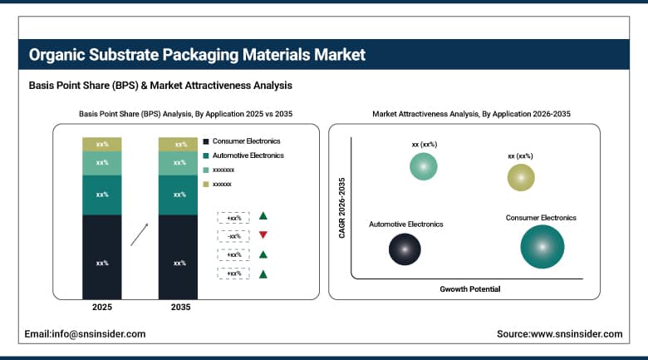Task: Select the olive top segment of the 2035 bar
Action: click(x=179, y=144)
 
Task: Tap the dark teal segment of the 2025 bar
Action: click(x=102, y=195)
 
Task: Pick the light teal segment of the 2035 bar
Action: click(x=179, y=163)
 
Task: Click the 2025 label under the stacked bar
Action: click(x=102, y=308)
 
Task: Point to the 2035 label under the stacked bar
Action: click(x=179, y=308)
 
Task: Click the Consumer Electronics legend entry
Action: click(x=247, y=141)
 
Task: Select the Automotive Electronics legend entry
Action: click(x=248, y=155)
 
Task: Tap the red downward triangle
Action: click(x=263, y=235)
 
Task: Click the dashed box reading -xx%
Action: click(x=234, y=236)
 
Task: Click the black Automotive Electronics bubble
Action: click(x=405, y=249)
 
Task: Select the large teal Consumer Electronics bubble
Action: click(x=542, y=247)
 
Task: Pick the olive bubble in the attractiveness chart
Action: click(x=521, y=177)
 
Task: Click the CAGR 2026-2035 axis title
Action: click(x=341, y=208)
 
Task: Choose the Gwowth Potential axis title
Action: click(x=469, y=288)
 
